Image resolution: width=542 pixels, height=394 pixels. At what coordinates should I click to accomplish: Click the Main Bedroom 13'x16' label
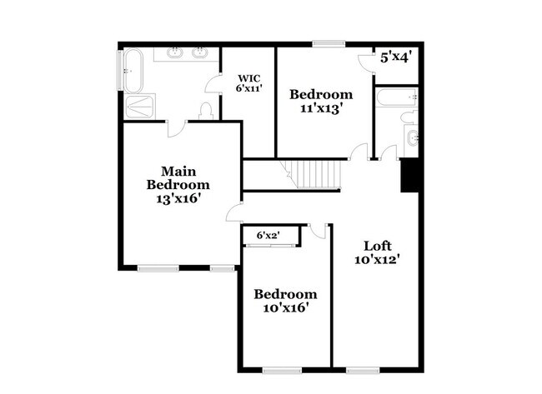[x=178, y=185]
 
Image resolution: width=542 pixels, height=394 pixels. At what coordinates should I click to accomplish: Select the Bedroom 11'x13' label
[x=321, y=101]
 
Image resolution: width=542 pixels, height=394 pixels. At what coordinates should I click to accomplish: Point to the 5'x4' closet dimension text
[x=397, y=57]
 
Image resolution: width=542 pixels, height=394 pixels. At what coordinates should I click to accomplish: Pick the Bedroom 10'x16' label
[x=285, y=301]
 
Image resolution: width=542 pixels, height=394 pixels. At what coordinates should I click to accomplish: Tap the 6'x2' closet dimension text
[x=268, y=237]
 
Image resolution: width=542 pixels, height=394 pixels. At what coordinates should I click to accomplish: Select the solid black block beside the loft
[x=409, y=176]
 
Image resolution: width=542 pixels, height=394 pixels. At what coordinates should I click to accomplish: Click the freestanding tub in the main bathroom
[x=133, y=71]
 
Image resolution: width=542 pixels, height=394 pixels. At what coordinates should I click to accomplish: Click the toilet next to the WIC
[x=206, y=109]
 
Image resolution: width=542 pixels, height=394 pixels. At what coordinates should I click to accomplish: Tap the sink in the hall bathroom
[x=411, y=137]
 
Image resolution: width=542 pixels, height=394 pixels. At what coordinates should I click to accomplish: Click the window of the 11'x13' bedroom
[x=329, y=43]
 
